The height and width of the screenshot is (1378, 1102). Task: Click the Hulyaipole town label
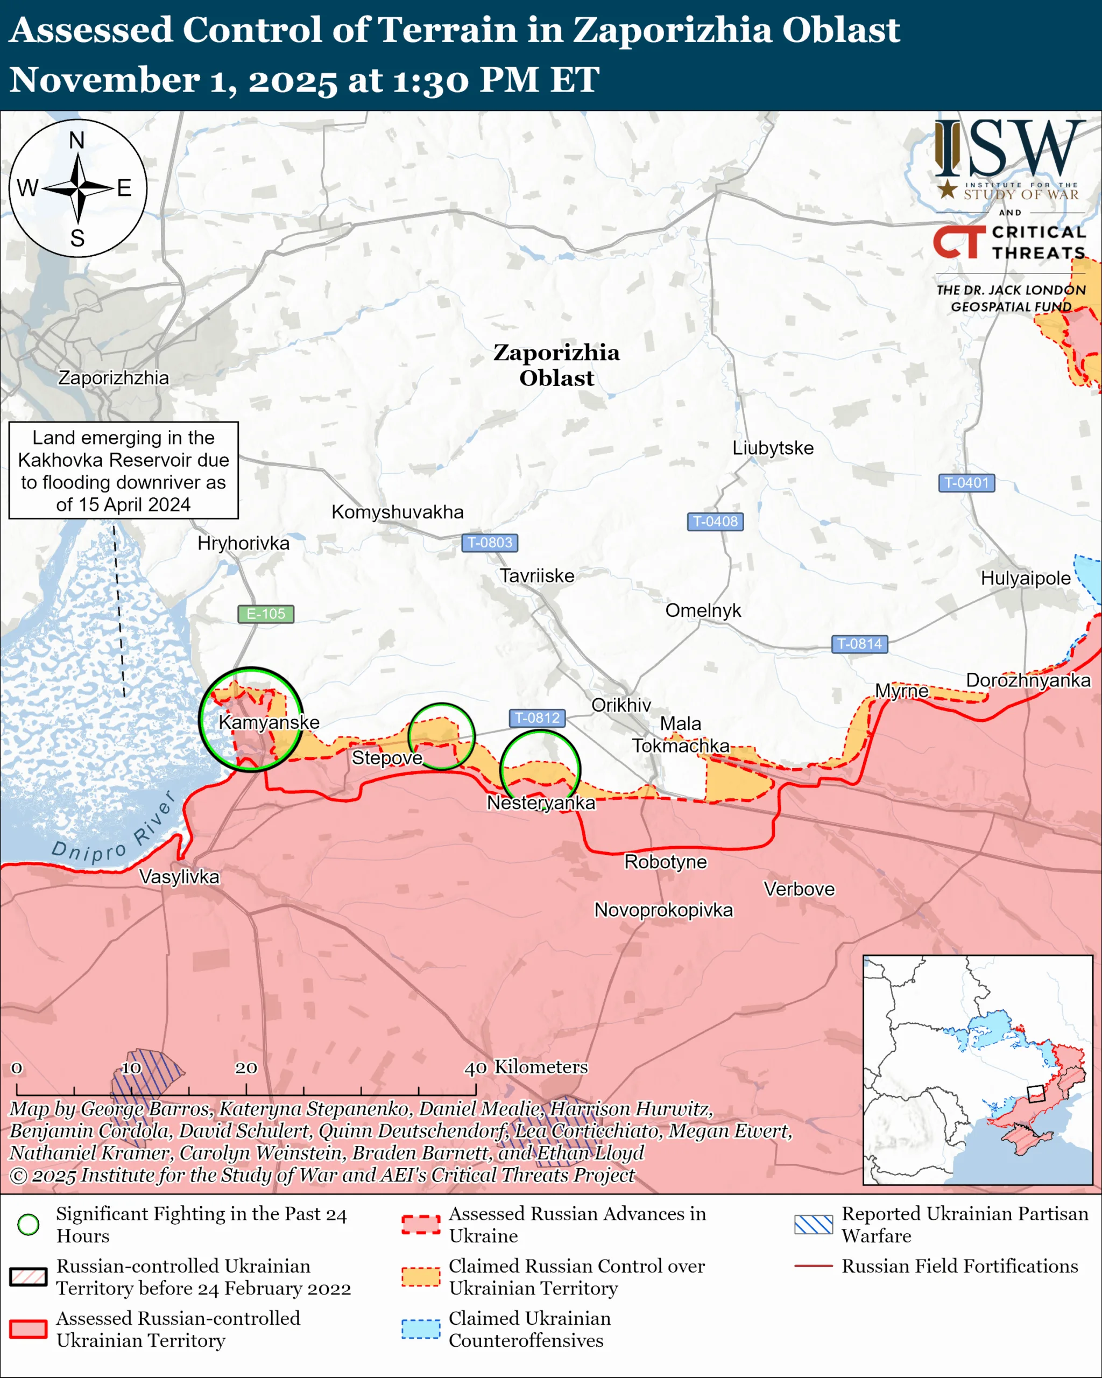[x=1026, y=579]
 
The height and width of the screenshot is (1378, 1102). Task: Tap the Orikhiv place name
[x=621, y=705]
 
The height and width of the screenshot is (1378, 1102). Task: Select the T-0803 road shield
[x=489, y=543]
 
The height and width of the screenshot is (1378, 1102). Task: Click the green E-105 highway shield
[x=266, y=614]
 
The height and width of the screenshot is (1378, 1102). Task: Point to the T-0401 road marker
[x=966, y=482]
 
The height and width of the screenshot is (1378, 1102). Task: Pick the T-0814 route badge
[x=859, y=644]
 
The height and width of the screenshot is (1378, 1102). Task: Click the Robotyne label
[x=665, y=862]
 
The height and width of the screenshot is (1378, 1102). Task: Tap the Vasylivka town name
[x=179, y=876]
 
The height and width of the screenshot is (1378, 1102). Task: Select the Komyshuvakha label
[x=397, y=512]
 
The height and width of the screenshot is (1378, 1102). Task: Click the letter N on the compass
[x=76, y=140]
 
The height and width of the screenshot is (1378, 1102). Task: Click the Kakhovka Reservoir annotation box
[x=123, y=470]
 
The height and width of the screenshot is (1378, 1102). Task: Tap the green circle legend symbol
[x=28, y=1225]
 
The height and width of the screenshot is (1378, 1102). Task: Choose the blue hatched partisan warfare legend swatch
[x=813, y=1225]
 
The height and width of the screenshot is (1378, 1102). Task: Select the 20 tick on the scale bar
[x=246, y=1068]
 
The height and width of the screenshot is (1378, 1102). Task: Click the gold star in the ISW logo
[x=948, y=189]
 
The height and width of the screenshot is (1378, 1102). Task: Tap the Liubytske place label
[x=772, y=448]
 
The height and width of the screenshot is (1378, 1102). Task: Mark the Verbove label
[x=799, y=889]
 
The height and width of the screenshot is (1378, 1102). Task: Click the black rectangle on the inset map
[x=1035, y=1094]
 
